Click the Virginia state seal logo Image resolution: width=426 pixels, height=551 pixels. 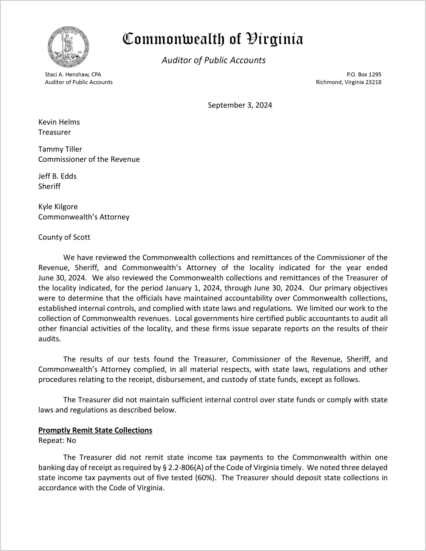pyautogui.click(x=68, y=47)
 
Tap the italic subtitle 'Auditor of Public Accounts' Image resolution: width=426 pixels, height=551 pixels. pyautogui.click(x=214, y=60)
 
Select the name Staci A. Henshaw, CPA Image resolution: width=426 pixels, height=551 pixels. pyautogui.click(x=73, y=74)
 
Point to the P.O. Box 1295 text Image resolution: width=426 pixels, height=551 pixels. pyautogui.click(x=364, y=74)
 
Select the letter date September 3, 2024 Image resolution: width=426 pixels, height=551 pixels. pyautogui.click(x=240, y=105)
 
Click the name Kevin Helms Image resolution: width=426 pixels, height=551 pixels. pyautogui.click(x=59, y=122)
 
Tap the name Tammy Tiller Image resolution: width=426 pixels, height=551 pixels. pyautogui.click(x=60, y=149)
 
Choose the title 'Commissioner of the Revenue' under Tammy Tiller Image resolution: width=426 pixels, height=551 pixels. pyautogui.click(x=89, y=159)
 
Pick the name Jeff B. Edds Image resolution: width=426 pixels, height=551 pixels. pyautogui.click(x=57, y=176)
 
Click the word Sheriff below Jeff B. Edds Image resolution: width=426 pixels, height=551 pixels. pyautogui.click(x=49, y=186)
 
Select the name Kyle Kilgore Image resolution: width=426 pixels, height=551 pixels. pyautogui.click(x=58, y=207)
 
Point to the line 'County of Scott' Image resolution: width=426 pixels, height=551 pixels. pyautogui.click(x=64, y=237)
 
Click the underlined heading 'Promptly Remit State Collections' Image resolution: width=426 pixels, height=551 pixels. pyautogui.click(x=95, y=430)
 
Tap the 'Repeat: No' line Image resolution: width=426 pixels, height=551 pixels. pyautogui.click(x=57, y=440)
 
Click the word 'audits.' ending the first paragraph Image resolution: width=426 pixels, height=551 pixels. pyautogui.click(x=50, y=339)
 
